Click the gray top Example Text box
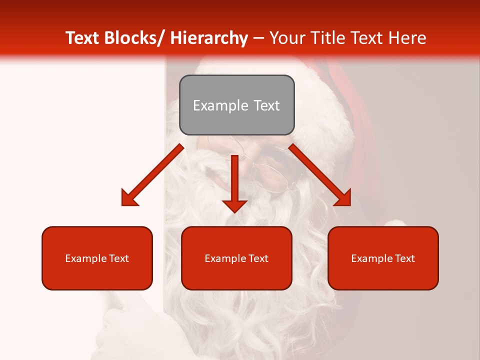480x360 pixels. [236, 105]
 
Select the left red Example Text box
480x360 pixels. [97, 258]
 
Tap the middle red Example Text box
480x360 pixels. [236, 258]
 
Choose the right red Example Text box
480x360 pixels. [383, 258]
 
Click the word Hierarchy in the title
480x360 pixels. [209, 38]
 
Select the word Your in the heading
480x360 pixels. [286, 38]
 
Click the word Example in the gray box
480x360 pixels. [220, 105]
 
